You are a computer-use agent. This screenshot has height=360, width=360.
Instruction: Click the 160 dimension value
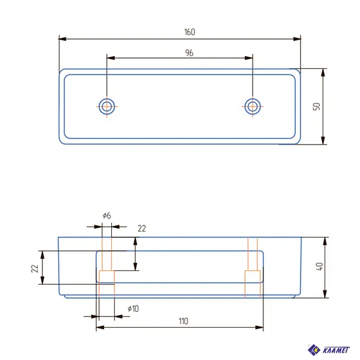pos(189,32)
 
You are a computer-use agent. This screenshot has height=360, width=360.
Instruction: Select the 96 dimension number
pos(189,53)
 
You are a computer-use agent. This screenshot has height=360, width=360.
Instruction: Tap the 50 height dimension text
pos(316,107)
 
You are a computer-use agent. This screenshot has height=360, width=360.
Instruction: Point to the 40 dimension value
pos(320,267)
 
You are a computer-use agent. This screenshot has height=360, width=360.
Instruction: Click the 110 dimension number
pos(183,321)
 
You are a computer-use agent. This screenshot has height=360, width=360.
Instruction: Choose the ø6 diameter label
pos(107,215)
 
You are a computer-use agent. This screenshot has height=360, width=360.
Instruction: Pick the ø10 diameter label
pos(133,309)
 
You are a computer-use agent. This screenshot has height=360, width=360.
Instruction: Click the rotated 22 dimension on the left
pos(35,268)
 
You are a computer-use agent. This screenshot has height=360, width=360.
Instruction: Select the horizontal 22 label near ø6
pos(142,229)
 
